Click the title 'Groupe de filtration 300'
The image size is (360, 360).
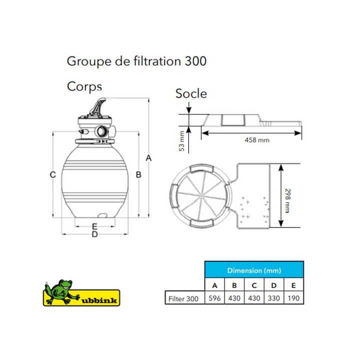pos(136,61)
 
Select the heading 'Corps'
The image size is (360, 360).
pos(84,87)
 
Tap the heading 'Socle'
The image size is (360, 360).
pos(191,93)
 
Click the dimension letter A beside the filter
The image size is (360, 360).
pos(149,158)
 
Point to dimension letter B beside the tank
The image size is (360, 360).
pos(138,174)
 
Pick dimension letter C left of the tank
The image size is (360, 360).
pos(53,174)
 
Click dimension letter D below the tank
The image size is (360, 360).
pos(94,234)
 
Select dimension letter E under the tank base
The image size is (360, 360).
pos(94,226)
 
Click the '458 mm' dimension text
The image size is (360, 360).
pos(257,140)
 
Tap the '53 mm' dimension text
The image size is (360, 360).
pos(181,141)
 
